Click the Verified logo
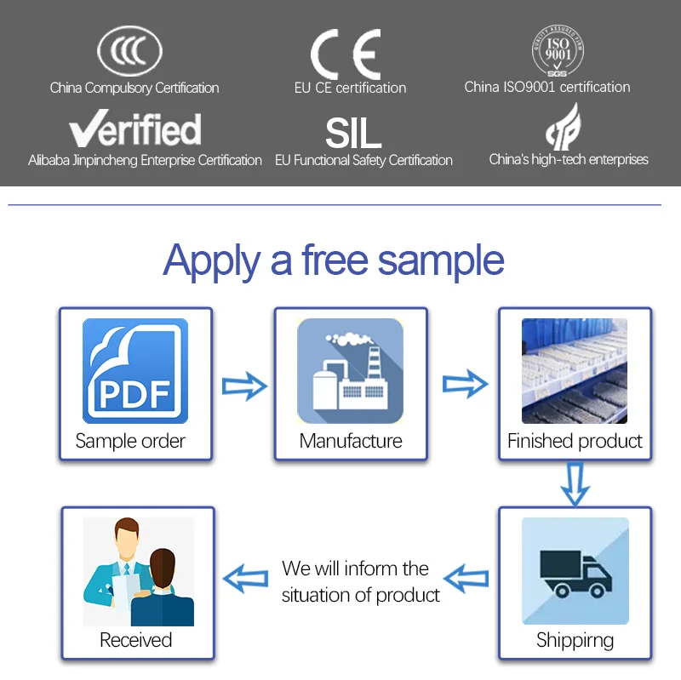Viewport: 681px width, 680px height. [135, 129]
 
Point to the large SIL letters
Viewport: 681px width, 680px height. [352, 132]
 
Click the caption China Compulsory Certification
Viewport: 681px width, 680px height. [134, 88]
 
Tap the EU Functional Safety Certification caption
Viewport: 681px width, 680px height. [363, 160]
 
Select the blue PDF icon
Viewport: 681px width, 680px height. [134, 371]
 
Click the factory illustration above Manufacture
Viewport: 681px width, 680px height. [350, 371]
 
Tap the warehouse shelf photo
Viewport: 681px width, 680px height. [575, 371]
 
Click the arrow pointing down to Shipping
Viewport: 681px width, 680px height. [576, 483]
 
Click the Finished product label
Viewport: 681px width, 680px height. [575, 441]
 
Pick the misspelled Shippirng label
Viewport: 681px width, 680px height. [575, 640]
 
